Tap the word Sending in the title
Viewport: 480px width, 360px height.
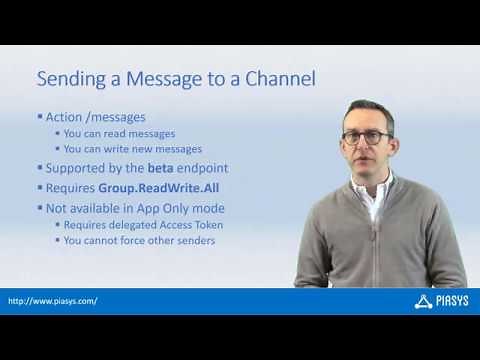pos(70,79)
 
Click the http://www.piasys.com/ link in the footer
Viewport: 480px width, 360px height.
pos(52,301)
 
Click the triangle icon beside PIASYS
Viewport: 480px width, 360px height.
pos(422,300)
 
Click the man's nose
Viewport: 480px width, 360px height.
pos(366,145)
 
